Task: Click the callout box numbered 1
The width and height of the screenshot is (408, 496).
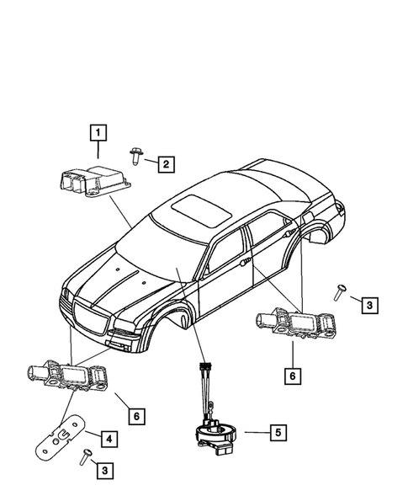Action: tap(99, 132)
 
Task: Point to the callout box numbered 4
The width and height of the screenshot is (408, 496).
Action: tap(109, 438)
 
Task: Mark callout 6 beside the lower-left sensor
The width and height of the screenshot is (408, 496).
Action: tap(134, 414)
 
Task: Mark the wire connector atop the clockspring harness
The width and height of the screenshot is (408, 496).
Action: tap(202, 367)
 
